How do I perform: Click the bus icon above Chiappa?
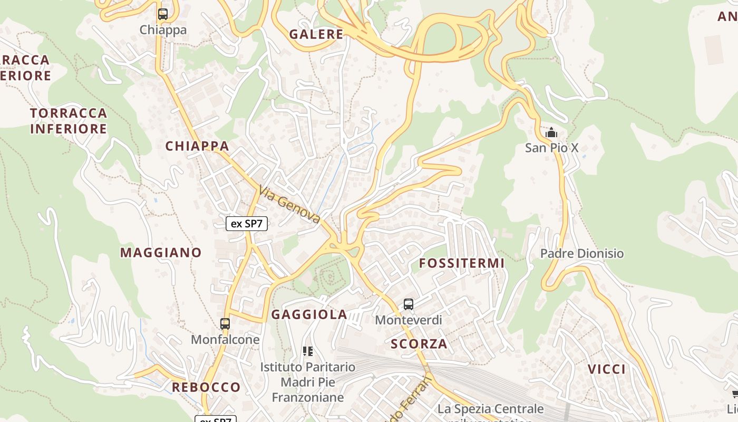click(163, 14)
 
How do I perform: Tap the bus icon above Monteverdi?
click(409, 304)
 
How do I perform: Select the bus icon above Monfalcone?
click(225, 323)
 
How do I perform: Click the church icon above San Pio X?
click(551, 132)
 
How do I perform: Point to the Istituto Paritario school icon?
click(308, 351)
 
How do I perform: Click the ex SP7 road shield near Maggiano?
click(247, 224)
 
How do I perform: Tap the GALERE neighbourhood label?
click(316, 35)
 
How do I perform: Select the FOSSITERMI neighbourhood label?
click(462, 263)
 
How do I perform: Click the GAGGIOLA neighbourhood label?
click(309, 315)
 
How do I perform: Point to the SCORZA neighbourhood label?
click(419, 344)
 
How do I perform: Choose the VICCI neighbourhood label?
click(607, 369)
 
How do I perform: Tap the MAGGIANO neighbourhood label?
click(161, 253)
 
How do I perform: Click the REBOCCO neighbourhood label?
click(206, 388)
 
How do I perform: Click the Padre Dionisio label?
click(582, 254)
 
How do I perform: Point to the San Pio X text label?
click(551, 148)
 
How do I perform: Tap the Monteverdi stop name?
click(409, 320)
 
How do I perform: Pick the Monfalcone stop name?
click(225, 340)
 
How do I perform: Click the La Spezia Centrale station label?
click(491, 409)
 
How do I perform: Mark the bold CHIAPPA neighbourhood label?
click(197, 146)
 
